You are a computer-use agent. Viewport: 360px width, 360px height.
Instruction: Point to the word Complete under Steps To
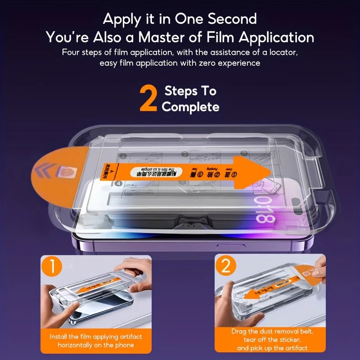coord(190,107)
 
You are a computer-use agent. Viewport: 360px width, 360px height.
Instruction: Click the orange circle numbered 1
coord(53,267)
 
